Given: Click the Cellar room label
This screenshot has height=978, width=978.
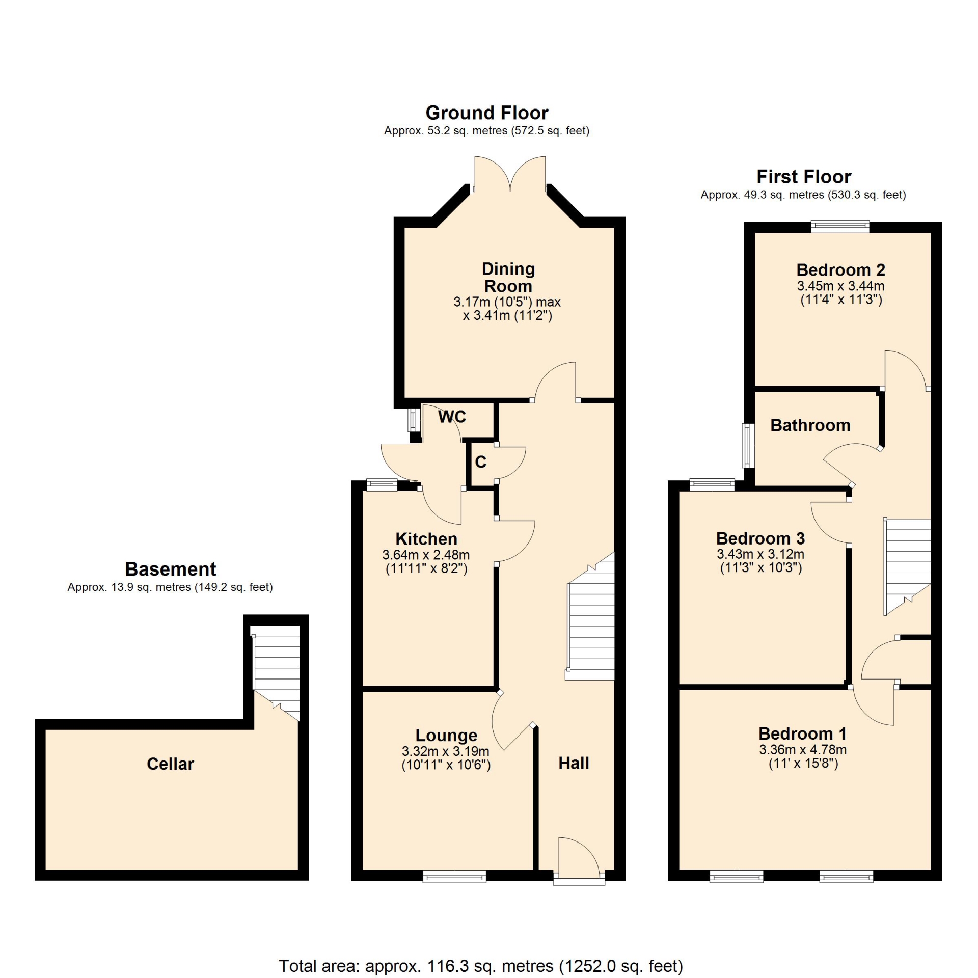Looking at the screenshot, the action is tap(170, 764).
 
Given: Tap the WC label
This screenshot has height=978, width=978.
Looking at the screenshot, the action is tap(452, 417).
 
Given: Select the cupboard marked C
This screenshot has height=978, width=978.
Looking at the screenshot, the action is tap(481, 463).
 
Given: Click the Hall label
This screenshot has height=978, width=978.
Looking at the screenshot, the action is tap(574, 763).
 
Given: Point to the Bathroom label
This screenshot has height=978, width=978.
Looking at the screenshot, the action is tap(810, 425).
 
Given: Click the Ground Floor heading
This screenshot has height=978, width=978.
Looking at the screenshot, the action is tap(487, 113).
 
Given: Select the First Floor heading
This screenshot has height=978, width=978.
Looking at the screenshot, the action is tap(803, 177).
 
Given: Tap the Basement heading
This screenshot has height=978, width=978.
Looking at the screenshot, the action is tap(171, 569).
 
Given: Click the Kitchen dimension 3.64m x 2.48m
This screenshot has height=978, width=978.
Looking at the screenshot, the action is tap(426, 555).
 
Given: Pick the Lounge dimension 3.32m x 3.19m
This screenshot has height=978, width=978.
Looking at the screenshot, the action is tap(446, 751).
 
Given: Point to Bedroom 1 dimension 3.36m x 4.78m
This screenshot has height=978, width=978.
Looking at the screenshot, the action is tap(803, 750).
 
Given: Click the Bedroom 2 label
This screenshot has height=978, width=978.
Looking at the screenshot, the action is tap(840, 270).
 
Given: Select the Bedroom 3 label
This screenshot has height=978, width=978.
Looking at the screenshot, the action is tap(760, 538).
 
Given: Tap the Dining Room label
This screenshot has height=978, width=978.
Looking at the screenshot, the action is tap(508, 278).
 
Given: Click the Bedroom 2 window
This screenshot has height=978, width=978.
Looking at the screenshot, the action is tap(840, 226).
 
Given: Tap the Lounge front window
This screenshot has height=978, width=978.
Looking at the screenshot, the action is tap(454, 876).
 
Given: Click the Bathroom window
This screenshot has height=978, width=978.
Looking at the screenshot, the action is tap(748, 446).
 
